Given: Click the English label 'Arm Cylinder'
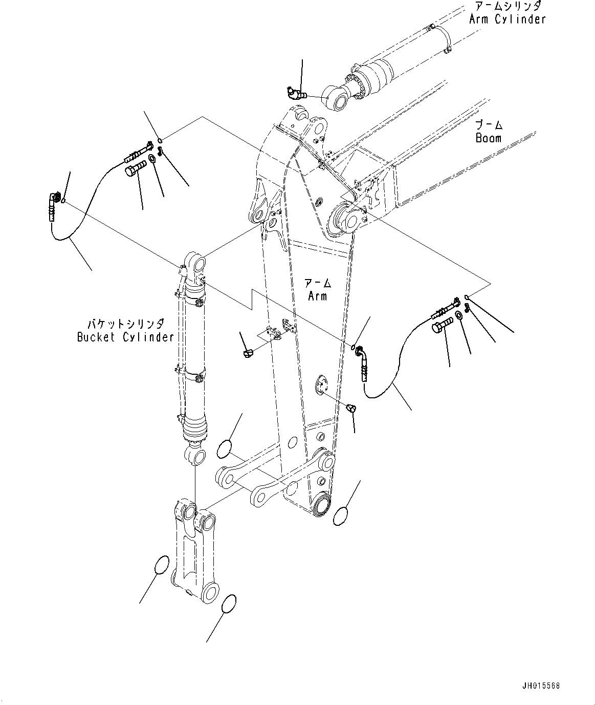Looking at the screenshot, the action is click(507, 19).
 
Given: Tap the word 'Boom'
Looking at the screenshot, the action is click(489, 138).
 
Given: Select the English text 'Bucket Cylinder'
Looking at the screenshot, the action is click(125, 337).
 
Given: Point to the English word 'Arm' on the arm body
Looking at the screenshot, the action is click(317, 296).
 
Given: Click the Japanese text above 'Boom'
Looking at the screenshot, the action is click(489, 124).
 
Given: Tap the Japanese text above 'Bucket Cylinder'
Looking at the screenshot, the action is click(126, 324).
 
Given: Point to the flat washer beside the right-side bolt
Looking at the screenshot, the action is click(458, 315).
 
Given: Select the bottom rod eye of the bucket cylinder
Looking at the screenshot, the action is click(196, 457).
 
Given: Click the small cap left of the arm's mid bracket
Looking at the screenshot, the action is click(248, 353).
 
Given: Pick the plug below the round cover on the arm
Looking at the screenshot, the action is click(351, 409).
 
